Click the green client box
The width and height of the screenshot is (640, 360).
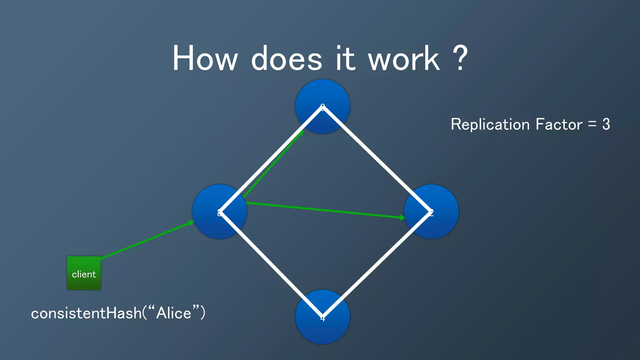[x=84, y=273]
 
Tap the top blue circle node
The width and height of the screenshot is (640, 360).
[x=322, y=94]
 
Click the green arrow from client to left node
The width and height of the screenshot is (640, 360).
[x=147, y=240]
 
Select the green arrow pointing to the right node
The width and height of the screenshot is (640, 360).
[x=325, y=210]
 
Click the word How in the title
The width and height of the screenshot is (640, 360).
[x=205, y=58]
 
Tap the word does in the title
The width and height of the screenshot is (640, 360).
[x=286, y=58]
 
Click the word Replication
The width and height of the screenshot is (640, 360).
[x=490, y=124]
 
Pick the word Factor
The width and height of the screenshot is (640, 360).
[x=559, y=124]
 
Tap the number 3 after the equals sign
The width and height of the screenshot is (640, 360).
[x=606, y=124]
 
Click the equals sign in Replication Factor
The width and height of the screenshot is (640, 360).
[x=592, y=124]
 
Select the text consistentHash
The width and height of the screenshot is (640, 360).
[x=86, y=313]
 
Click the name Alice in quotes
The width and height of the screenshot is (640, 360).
[x=173, y=313]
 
